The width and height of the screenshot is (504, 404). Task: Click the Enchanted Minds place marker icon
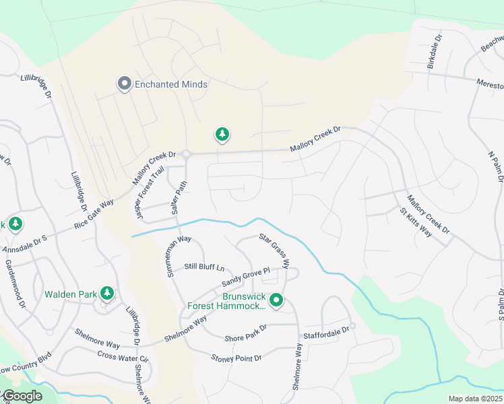(124, 84)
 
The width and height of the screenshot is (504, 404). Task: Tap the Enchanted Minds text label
(171, 85)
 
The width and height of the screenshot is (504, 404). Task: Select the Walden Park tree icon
(106, 294)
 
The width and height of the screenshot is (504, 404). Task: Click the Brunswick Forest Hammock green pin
(276, 301)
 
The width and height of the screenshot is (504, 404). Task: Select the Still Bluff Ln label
(203, 267)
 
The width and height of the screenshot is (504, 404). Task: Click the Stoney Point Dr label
(236, 358)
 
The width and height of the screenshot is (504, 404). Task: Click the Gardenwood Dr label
(15, 284)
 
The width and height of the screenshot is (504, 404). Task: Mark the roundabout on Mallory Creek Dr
(186, 154)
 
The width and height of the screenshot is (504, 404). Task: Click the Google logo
(22, 396)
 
